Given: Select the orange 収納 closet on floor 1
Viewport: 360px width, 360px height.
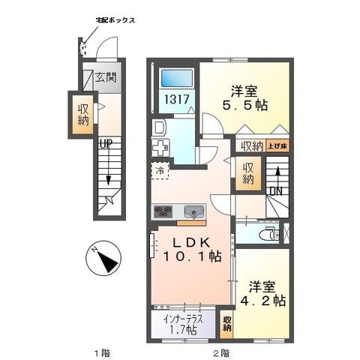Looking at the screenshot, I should tap(82, 115).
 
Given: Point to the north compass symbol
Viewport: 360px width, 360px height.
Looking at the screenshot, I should tap(103, 259).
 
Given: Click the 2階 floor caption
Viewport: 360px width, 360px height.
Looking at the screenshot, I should tap(219, 352).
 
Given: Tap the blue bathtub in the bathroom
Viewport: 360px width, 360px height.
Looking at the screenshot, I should tap(178, 77).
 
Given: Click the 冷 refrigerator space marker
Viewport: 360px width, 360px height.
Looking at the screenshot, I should tap(160, 172).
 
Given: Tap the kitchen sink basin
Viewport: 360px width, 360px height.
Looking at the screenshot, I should tap(192, 211).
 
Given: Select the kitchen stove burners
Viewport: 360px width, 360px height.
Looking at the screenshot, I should tap(163, 211).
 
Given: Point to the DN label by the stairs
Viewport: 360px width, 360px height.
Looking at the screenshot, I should tap(276, 191).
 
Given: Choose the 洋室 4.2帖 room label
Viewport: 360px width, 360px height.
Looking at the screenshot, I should tap(265, 292).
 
